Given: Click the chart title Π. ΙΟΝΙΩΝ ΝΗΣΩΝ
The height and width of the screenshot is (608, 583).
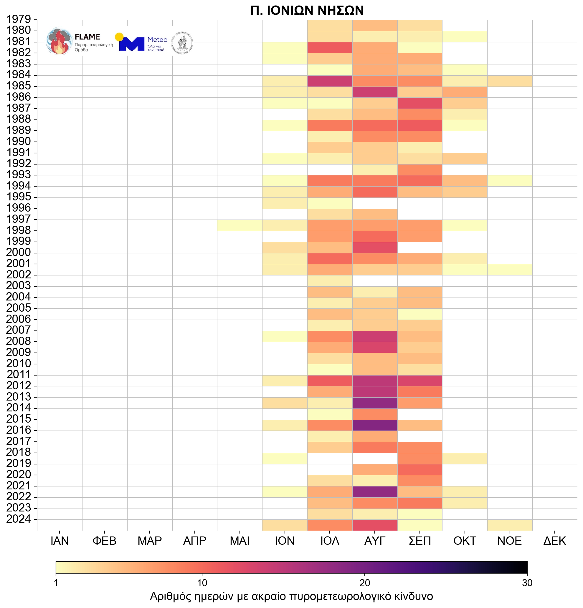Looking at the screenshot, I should tap(307, 11).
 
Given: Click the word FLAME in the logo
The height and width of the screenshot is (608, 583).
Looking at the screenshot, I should tap(87, 37).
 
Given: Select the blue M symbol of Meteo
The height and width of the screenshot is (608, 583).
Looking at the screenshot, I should tap(132, 44).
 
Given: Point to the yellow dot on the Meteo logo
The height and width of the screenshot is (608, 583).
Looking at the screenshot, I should tap(119, 37).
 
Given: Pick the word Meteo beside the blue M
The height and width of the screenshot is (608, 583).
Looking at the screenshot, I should tap(157, 40).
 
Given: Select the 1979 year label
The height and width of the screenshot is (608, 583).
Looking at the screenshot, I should tap(19, 19).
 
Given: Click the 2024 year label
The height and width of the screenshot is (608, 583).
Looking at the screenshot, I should tap(19, 519).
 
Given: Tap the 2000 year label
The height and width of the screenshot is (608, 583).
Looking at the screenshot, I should tap(19, 252).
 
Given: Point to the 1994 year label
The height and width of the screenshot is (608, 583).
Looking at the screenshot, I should tap(19, 185).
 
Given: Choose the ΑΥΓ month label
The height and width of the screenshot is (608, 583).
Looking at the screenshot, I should tap(375, 541).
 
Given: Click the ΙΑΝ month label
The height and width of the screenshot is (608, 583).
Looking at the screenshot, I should tap(60, 541).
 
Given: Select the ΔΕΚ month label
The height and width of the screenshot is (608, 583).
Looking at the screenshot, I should tap(555, 541).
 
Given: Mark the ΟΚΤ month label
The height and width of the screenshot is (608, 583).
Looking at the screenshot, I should tap(465, 541).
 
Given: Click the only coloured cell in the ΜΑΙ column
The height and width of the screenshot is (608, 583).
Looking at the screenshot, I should tap(240, 225).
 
